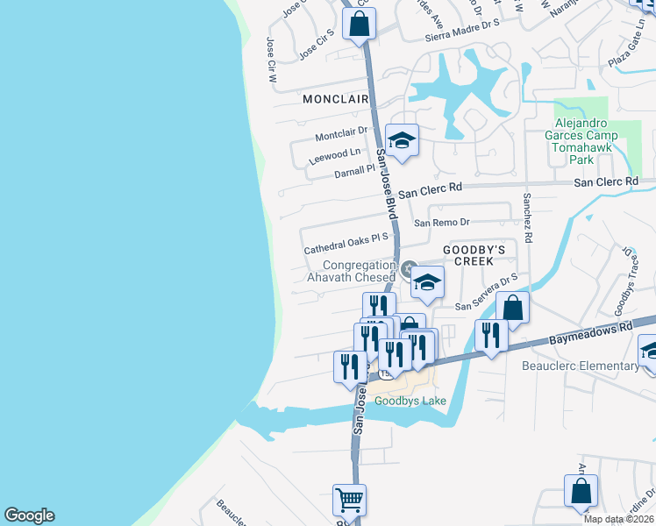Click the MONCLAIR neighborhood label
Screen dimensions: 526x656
(335, 100)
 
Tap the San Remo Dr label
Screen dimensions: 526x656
(442, 223)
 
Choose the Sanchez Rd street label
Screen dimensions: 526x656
(528, 218)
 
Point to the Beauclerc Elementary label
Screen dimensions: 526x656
(580, 366)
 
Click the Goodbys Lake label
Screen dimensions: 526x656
(410, 402)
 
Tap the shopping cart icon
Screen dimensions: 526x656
(350, 501)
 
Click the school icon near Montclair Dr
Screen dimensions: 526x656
(402, 141)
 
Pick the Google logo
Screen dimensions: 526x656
(29, 515)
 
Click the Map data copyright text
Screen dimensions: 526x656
(617, 519)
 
